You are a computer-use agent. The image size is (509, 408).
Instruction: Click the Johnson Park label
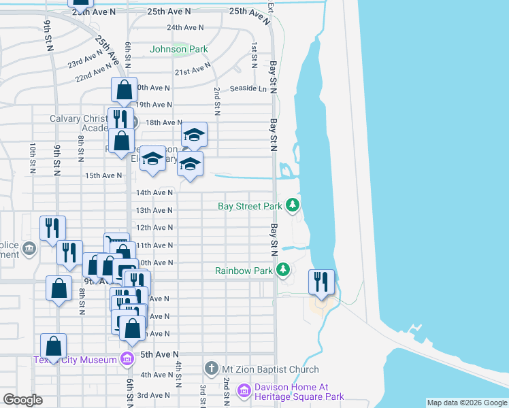pyautogui.click(x=178, y=49)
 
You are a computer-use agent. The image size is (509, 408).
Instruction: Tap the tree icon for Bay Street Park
pyautogui.click(x=293, y=205)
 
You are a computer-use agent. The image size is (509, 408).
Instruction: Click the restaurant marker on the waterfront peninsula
pyautogui.click(x=321, y=282)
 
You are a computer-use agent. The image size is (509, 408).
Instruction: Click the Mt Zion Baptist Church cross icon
pyautogui.click(x=211, y=369)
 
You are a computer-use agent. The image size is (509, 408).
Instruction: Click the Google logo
pyautogui.click(x=23, y=399)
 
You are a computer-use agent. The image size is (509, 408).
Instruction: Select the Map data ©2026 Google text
pyautogui.click(x=466, y=403)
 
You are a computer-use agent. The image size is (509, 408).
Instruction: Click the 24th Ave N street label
pyautogui.click(x=185, y=28)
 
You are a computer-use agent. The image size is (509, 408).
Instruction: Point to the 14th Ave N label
pyautogui.click(x=154, y=193)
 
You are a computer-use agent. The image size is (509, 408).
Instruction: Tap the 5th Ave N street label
pyautogui.click(x=159, y=354)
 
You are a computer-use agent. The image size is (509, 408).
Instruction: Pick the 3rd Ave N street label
pyautogui.click(x=153, y=395)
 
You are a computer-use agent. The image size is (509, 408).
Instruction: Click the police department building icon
pyautogui.click(x=29, y=248)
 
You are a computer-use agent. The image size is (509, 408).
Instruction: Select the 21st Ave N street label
pyautogui.click(x=193, y=71)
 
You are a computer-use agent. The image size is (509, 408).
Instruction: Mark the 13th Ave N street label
pyautogui.click(x=154, y=211)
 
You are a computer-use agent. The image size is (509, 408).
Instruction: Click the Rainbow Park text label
pyautogui.click(x=244, y=271)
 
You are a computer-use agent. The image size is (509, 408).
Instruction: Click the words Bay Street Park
pyautogui.click(x=249, y=206)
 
